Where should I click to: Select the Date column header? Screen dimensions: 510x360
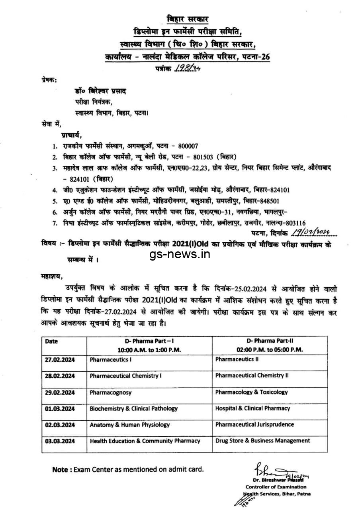pyautogui.click(x=51, y=341)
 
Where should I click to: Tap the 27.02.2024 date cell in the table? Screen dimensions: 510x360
pyautogui.click(x=60, y=359)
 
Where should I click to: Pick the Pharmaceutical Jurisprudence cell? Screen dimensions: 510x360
pyautogui.click(x=255, y=424)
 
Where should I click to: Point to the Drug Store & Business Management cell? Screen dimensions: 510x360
pyautogui.click(x=262, y=441)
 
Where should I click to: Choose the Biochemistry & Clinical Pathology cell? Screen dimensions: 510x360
pyautogui.click(x=134, y=408)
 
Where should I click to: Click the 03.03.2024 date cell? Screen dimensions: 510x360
pyautogui.click(x=60, y=441)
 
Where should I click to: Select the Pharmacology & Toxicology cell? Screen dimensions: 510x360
pyautogui.click(x=251, y=392)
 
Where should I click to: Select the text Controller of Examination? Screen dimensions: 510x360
pyautogui.click(x=276, y=487)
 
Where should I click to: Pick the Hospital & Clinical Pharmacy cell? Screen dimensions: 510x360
pyautogui.click(x=252, y=408)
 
